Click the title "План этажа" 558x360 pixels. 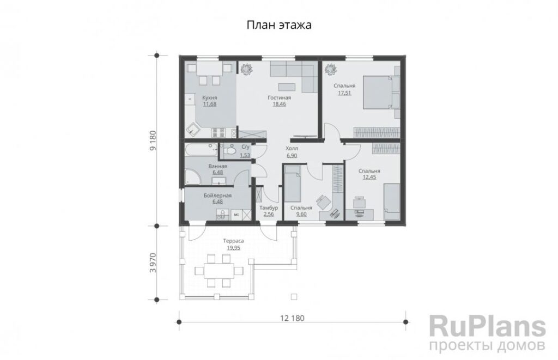[x=279, y=25]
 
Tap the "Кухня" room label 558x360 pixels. [x=210, y=98]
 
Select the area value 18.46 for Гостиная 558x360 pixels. [x=279, y=104]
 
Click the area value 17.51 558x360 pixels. [x=344, y=93]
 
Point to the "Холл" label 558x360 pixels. [x=292, y=148]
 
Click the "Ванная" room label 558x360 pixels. [x=217, y=166]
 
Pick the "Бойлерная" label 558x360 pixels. [x=217, y=196]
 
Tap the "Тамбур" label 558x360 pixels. [x=269, y=208]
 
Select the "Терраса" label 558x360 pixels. [x=233, y=241]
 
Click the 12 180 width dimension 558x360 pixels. [x=292, y=318]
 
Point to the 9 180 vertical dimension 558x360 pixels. [x=153, y=141]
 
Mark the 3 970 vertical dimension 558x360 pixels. [x=153, y=263]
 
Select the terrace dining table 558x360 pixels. [x=219, y=271]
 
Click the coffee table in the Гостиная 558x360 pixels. [x=287, y=87]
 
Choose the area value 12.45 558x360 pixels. [x=369, y=177]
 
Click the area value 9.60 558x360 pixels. [x=301, y=214]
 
